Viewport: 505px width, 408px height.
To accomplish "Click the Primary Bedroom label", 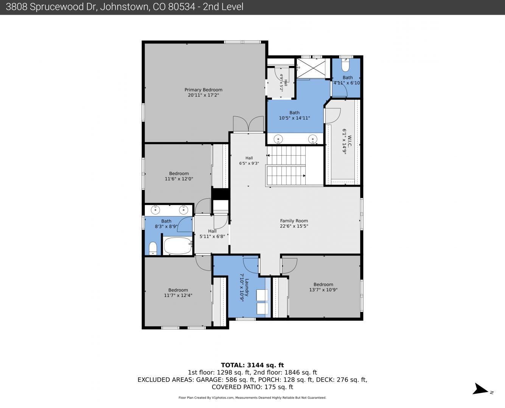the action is pos(204,90).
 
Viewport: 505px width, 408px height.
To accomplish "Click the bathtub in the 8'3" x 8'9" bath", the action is pos(177,246).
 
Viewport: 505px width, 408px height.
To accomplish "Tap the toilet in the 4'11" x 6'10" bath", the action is pos(345,66).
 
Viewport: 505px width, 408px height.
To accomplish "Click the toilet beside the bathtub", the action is pos(153,248).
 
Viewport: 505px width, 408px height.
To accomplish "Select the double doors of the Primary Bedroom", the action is pos(248,124).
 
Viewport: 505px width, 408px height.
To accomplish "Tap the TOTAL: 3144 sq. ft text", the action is pos(252,365).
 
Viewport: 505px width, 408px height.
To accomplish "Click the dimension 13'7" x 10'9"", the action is pos(323,290).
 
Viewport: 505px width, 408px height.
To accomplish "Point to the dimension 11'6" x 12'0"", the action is pos(179,179).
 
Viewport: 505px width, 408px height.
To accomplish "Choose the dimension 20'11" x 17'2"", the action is pos(204,95).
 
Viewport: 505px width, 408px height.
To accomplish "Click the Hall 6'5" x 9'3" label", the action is pos(249,161).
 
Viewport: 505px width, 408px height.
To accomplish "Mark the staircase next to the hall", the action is pos(286,165).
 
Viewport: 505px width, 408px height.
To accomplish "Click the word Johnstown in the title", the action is pos(125,7).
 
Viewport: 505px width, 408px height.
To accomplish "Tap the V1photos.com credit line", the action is pos(252,398).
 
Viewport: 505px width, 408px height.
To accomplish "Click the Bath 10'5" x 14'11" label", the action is pos(294,115).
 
